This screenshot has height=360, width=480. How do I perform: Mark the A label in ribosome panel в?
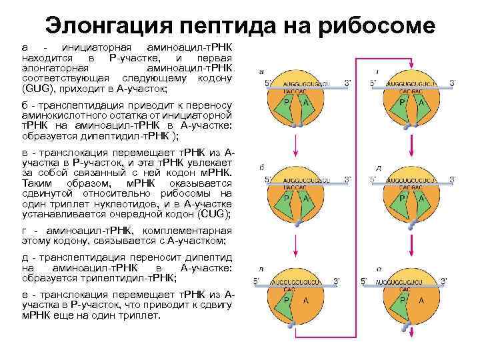pos(306,300)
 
